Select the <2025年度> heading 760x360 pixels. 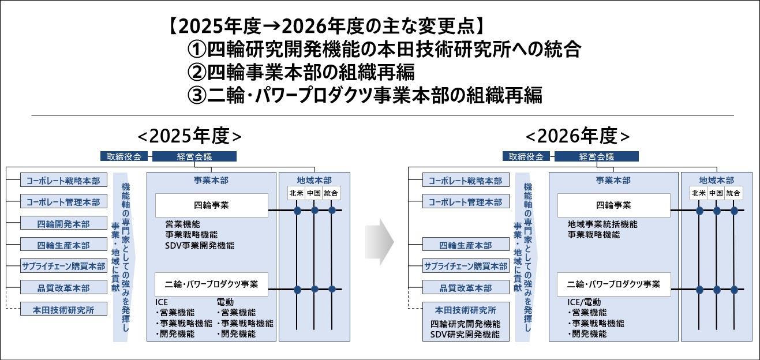tap(189, 136)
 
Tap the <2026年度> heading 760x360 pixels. tap(578, 136)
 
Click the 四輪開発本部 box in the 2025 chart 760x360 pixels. tap(63, 223)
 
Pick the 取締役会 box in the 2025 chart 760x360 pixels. tap(123, 156)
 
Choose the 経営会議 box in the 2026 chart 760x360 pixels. tap(596, 156)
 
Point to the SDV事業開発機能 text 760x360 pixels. tap(200, 246)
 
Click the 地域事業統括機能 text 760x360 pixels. tap(602, 224)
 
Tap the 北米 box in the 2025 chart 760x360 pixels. tap(297, 193)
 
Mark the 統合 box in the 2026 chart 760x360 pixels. tap(733, 193)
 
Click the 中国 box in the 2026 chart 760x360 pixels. tap(716, 193)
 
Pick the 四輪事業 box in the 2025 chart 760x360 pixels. tap(211, 205)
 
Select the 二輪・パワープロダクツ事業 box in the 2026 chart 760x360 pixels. tap(613, 284)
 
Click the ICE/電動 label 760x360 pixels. tap(584, 302)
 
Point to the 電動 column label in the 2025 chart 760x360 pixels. tap(226, 302)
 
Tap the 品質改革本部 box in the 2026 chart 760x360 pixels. tap(466, 288)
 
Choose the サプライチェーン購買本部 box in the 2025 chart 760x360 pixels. tap(63, 267)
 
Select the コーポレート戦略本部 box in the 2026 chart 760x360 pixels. tap(466, 181)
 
